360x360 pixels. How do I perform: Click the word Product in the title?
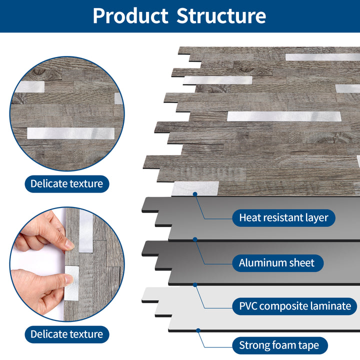pyautogui.click(x=130, y=16)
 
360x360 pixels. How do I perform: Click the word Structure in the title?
pyautogui.click(x=221, y=16)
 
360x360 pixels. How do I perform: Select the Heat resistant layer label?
pyautogui.click(x=283, y=217)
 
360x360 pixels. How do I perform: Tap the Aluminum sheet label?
pyautogui.click(x=276, y=262)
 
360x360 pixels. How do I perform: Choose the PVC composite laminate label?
pyautogui.click(x=294, y=306)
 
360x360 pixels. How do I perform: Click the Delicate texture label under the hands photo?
pyautogui.click(x=66, y=334)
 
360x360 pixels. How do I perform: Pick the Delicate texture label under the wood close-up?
pyautogui.click(x=66, y=183)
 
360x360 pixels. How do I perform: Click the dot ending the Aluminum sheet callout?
pyautogui.click(x=195, y=239)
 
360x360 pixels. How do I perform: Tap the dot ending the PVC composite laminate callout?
pyautogui.click(x=195, y=284)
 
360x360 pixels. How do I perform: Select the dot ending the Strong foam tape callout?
pyautogui.click(x=198, y=330)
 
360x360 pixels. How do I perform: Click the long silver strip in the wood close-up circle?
pyautogui.click(x=70, y=133)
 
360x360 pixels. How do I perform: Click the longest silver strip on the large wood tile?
pyautogui.click(x=283, y=116)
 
